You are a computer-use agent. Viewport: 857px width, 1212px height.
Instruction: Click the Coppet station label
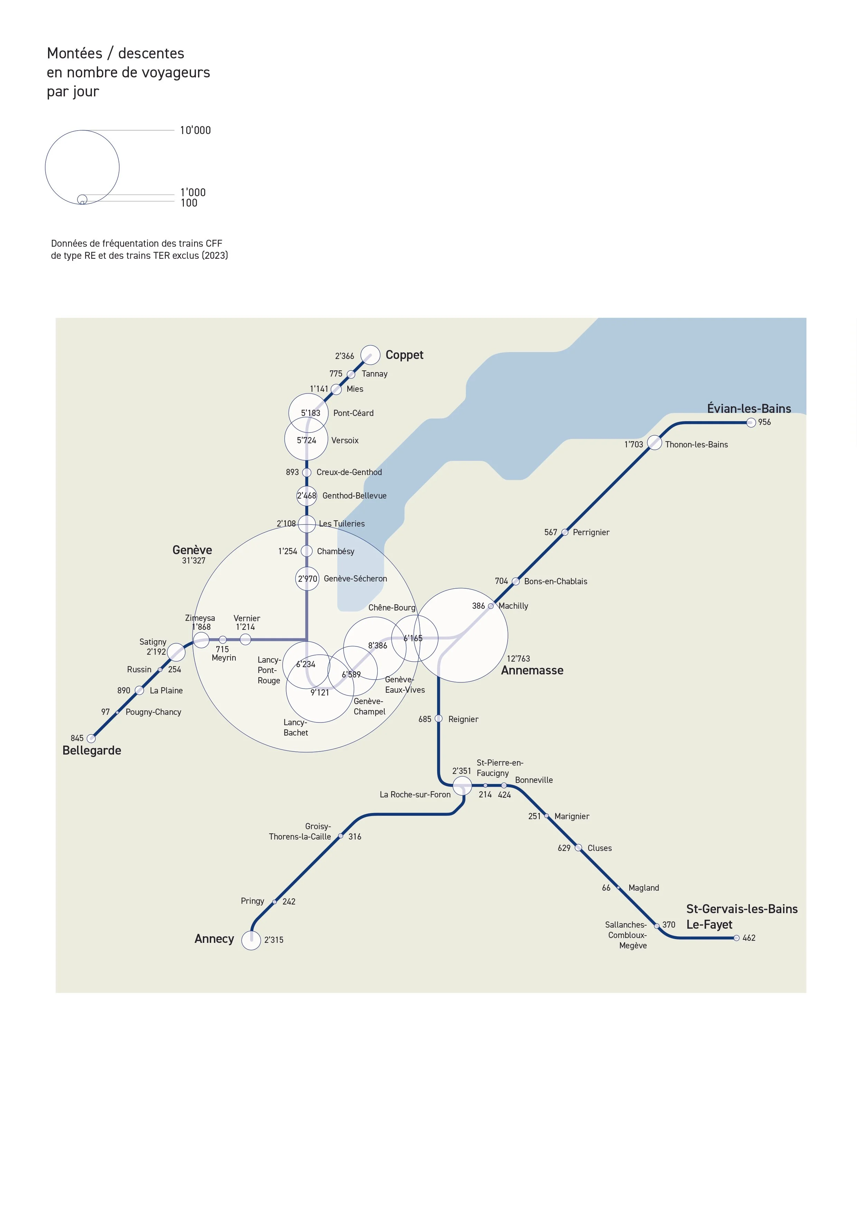tap(404, 355)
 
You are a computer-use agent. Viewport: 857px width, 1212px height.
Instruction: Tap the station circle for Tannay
tap(351, 374)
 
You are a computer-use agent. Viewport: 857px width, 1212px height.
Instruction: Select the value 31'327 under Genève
tap(193, 561)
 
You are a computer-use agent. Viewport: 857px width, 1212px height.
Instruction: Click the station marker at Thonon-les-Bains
tap(654, 442)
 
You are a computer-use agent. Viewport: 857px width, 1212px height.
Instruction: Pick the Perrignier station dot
tap(564, 532)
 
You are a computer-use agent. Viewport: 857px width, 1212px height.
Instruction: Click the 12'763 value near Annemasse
tap(518, 658)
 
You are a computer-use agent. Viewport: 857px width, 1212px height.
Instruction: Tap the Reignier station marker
tap(438, 718)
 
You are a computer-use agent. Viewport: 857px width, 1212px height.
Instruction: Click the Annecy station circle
tap(251, 940)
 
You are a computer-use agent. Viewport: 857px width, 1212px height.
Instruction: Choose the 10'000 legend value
tap(195, 130)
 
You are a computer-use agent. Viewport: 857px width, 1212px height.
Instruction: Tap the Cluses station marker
tap(578, 848)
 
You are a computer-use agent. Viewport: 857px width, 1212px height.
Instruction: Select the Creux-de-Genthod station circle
tap(306, 472)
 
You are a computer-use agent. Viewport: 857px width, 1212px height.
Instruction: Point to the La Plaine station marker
tap(139, 690)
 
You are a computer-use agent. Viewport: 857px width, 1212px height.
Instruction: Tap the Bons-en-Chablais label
tap(555, 581)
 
